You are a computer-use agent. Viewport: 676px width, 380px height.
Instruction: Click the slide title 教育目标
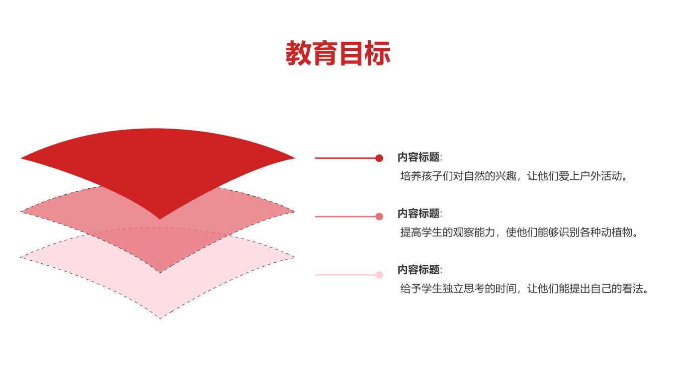(x=338, y=53)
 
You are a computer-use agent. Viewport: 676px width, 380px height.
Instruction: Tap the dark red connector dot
(x=379, y=158)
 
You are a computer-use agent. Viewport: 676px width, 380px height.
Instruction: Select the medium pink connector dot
(x=379, y=217)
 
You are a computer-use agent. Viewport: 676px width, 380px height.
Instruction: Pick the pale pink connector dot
(x=379, y=275)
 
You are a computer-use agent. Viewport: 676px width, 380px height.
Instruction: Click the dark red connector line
(x=345, y=158)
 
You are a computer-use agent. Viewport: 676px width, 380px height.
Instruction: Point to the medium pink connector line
(x=345, y=217)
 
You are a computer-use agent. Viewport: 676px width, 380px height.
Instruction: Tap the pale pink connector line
(x=345, y=275)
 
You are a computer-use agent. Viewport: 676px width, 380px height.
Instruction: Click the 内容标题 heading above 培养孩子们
(x=419, y=157)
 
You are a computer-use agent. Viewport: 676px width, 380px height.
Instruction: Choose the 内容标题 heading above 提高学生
(x=419, y=214)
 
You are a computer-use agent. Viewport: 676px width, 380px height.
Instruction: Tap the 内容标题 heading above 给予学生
(x=419, y=270)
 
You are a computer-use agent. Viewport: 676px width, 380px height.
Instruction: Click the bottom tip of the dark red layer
(x=160, y=219)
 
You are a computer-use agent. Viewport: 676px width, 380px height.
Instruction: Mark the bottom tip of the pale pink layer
(x=160, y=318)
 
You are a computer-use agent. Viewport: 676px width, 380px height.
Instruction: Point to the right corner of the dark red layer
(x=295, y=158)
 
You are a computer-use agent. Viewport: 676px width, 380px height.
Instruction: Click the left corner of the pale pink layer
(x=21, y=257)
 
